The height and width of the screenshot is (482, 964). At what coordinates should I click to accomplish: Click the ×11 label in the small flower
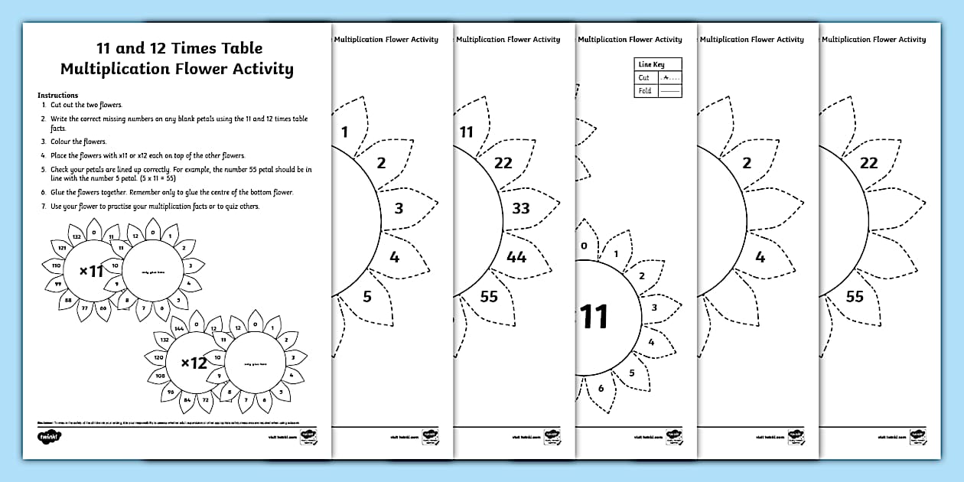pos(91,269)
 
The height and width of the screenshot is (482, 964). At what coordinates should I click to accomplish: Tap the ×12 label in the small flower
pos(194,363)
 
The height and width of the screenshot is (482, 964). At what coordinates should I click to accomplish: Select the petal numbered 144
pos(179,327)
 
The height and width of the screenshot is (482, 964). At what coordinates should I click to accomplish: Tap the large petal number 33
pos(520,208)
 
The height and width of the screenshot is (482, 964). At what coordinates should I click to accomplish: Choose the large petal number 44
pos(516,257)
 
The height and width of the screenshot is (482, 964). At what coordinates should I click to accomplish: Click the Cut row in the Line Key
pos(659,77)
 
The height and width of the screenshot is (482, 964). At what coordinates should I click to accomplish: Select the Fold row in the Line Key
pos(659,91)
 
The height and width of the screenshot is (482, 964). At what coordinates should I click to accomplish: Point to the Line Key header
pos(652,65)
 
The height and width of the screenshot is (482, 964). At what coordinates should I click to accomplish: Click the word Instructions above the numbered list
pos(57,96)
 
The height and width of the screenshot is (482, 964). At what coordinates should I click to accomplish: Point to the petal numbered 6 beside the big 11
pos(601,388)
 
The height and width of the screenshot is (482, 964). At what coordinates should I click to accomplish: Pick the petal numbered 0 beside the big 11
pos(584,246)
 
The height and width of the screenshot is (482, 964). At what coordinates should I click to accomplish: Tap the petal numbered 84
pos(186,399)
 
